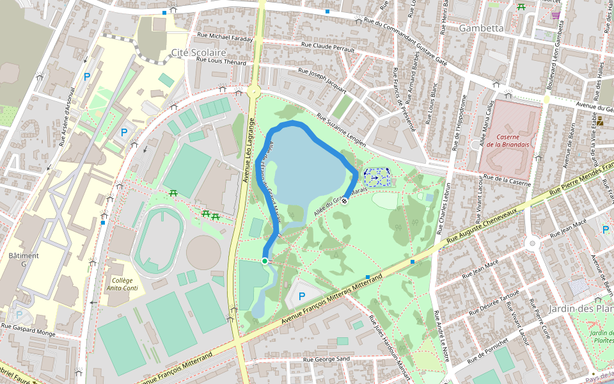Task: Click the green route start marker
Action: pos(265,260)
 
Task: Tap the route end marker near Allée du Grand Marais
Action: pos(344,201)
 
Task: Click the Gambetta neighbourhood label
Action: pos(481,28)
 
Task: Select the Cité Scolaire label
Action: pos(199,52)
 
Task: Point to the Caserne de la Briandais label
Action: pos(510,140)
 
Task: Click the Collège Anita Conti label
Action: pos(122,284)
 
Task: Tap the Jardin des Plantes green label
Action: pos(602,337)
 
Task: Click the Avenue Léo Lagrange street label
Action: pos(248,150)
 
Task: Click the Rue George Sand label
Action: pos(326,360)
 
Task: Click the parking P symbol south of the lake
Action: pos(301,296)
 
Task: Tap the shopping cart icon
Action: pos(555,15)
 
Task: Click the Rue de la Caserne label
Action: pos(507,180)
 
